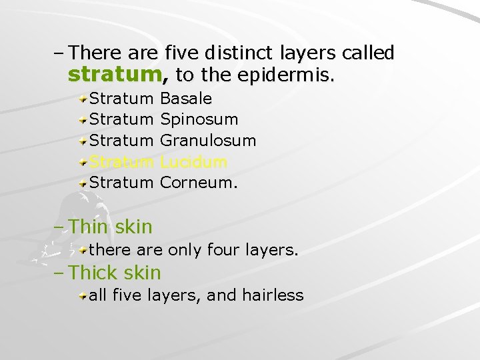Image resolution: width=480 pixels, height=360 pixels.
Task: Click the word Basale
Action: click(x=187, y=99)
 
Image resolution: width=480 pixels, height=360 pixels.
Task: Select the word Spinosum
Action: click(x=199, y=120)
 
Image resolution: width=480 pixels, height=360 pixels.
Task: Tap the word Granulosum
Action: click(x=208, y=141)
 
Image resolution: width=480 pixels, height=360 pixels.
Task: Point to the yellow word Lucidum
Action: click(x=194, y=161)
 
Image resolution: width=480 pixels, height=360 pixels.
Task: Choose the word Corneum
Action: click(x=199, y=182)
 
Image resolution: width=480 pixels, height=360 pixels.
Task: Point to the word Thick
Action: click(x=92, y=272)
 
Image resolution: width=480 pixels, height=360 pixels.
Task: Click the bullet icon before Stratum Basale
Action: click(x=83, y=99)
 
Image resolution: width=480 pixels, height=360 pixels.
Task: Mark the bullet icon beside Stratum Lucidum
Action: click(x=83, y=162)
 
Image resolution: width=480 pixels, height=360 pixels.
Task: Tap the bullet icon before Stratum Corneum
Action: click(x=83, y=183)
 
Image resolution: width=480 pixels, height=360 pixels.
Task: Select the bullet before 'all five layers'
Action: click(x=83, y=295)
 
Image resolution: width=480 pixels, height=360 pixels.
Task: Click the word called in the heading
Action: click(x=369, y=52)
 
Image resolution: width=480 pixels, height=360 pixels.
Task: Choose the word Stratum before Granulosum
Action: click(x=121, y=141)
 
